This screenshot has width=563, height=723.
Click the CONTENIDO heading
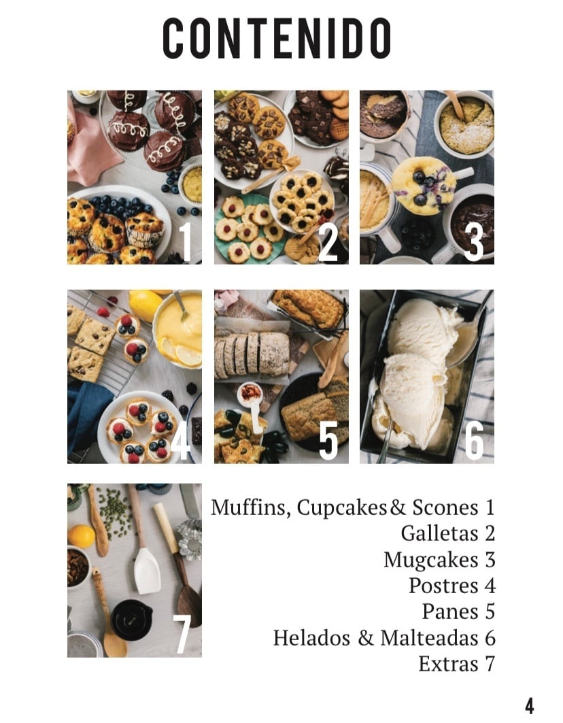(277, 38)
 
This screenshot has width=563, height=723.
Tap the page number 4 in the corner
(529, 706)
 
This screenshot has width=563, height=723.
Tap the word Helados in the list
(311, 638)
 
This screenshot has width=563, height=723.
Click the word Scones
(445, 507)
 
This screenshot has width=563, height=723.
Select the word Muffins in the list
(250, 508)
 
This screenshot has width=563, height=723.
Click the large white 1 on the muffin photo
(185, 241)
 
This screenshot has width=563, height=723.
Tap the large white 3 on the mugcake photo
(473, 241)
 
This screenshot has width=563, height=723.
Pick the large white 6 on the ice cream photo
(474, 440)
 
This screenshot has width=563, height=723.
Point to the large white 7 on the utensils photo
(182, 635)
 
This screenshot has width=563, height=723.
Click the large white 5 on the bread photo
(328, 440)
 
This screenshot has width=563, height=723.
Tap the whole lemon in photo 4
(144, 305)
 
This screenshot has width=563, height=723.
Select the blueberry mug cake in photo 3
(424, 184)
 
